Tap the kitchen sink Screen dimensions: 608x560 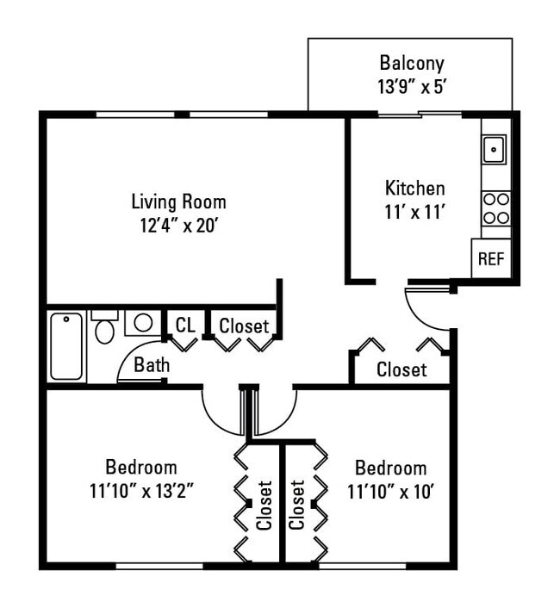coord(494,150)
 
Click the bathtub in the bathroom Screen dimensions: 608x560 coord(66,346)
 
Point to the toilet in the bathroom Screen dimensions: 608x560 coord(104,328)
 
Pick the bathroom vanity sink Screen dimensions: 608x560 coord(142,322)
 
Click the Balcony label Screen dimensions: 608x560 coord(411,63)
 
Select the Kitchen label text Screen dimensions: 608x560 coord(414,188)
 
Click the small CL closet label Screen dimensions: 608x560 coord(185,325)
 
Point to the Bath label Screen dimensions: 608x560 coord(152,365)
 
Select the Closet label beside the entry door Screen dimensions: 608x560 coord(401,369)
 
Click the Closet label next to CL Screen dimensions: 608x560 coord(244,326)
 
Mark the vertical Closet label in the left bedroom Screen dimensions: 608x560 coord(264,505)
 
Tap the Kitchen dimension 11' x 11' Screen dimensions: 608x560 coord(414,211)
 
